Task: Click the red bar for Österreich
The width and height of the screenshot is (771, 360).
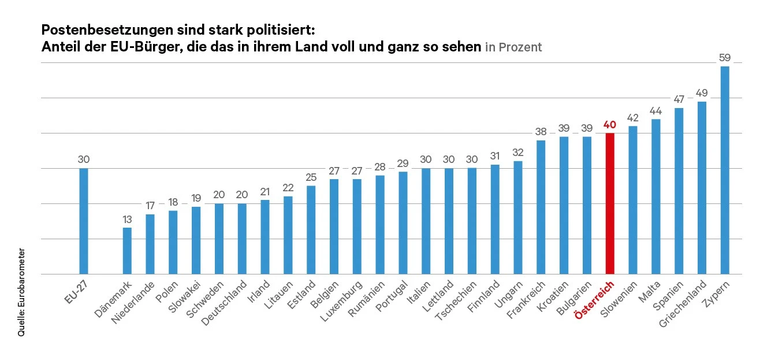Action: click(x=609, y=203)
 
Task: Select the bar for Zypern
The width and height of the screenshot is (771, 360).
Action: click(x=725, y=170)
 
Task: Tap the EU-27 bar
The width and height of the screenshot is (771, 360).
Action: click(x=84, y=221)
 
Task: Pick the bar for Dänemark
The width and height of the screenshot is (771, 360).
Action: click(x=127, y=251)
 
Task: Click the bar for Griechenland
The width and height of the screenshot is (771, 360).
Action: click(x=702, y=188)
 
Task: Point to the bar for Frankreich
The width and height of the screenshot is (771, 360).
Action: click(x=541, y=207)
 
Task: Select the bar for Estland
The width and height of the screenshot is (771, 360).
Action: click(x=311, y=230)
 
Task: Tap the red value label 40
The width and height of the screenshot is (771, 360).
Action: click(x=609, y=124)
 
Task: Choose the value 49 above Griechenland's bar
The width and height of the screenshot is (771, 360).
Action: click(x=702, y=92)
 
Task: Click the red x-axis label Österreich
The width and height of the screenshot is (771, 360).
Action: click(x=595, y=299)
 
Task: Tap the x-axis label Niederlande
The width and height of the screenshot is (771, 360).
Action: click(x=132, y=302)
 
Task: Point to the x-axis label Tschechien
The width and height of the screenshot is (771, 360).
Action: click(x=456, y=302)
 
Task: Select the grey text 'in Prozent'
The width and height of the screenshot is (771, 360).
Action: click(x=513, y=47)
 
